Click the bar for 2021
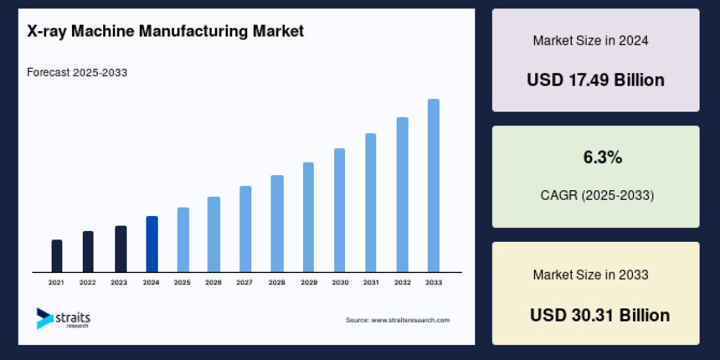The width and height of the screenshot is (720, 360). tap(57, 256)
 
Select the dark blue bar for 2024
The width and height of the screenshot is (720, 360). tap(152, 244)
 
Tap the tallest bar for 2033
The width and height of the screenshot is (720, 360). tap(433, 185)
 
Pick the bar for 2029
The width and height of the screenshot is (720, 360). tap(308, 217)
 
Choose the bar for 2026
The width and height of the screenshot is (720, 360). tap(214, 234)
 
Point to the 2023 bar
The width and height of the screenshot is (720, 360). tap(121, 249)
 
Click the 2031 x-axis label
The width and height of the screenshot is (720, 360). tap(370, 282)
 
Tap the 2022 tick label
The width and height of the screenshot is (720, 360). tap(88, 282)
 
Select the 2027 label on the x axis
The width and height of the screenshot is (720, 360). tap(245, 282)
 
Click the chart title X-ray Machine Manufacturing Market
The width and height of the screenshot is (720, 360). tap(166, 31)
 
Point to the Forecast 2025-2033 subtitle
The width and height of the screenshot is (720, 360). tap(77, 73)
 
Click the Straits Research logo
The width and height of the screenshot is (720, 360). tap(63, 319)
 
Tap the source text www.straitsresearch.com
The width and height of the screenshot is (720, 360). tap(397, 320)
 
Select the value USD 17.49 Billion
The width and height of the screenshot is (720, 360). tap(595, 80)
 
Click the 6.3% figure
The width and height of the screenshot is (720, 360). tap(602, 158)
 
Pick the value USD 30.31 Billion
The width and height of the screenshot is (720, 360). tap(599, 315)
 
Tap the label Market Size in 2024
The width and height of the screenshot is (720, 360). tap(590, 41)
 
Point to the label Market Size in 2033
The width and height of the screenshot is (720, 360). tap(590, 275)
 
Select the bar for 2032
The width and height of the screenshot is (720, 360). tap(402, 194)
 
